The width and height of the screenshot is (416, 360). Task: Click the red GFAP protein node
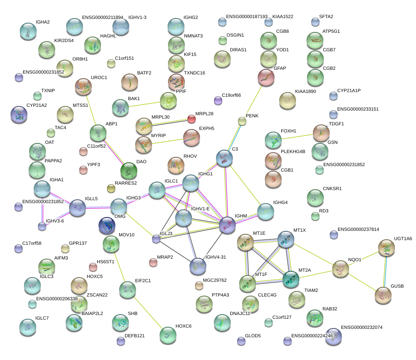[x=266, y=78]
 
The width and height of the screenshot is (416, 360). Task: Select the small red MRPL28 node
[x=192, y=119]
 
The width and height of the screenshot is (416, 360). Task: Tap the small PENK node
[x=242, y=121]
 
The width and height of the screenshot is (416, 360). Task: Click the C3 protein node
[x=224, y=159]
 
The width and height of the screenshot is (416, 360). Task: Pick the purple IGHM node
[x=227, y=225]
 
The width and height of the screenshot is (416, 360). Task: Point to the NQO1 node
[x=341, y=269]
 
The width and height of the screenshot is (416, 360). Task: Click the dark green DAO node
[x=129, y=171]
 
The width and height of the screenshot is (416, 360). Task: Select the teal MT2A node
[x=291, y=279]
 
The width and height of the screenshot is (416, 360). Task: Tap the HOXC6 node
[x=168, y=335]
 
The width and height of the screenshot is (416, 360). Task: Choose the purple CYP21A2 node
[x=19, y=115]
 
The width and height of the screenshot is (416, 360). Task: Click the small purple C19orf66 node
[x=218, y=101]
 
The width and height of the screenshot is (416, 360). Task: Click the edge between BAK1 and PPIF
[x=144, y=105]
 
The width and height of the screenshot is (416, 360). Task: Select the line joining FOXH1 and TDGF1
[x=297, y=137]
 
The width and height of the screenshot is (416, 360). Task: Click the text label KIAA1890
[x=306, y=91]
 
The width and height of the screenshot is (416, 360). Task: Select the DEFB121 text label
[x=134, y=336]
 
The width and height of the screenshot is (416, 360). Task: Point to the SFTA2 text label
[x=326, y=16]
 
